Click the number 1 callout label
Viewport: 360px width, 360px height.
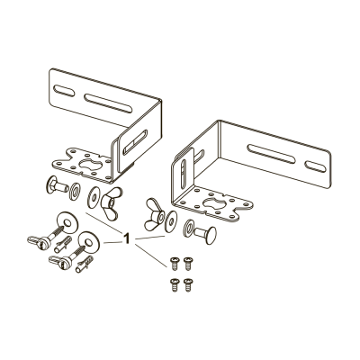(x=127, y=238)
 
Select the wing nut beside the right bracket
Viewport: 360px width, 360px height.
(x=155, y=214)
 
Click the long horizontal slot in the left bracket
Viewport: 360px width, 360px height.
(x=108, y=103)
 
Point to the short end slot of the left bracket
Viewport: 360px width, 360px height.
(x=64, y=91)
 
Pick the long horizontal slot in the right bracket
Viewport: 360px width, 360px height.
(x=271, y=154)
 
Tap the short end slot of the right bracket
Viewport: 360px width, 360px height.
(x=315, y=166)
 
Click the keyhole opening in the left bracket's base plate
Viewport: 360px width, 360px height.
(x=88, y=164)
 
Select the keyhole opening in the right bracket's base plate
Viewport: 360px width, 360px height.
(x=215, y=204)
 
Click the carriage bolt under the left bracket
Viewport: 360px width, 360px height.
(x=57, y=185)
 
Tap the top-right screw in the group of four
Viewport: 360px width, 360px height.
(x=188, y=263)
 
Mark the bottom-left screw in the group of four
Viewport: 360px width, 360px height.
(x=175, y=285)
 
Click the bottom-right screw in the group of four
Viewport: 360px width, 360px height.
(x=188, y=285)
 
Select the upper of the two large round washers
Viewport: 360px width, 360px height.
(x=67, y=222)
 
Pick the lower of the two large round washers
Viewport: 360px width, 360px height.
(x=89, y=241)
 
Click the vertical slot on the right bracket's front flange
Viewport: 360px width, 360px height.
(x=184, y=175)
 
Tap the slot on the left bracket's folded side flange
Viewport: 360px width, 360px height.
(x=136, y=142)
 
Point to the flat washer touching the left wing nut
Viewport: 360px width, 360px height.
(x=93, y=197)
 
